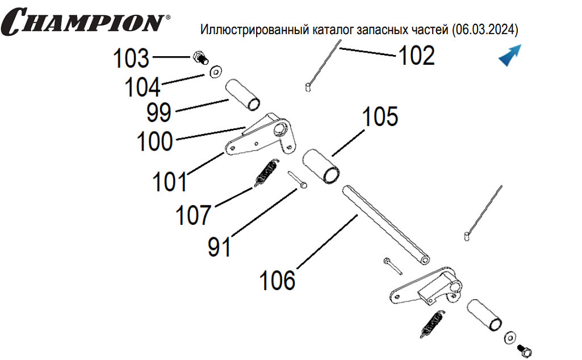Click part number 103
coord(131,58)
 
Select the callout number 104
coord(143,87)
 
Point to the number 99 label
coord(158,112)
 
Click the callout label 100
coord(154,141)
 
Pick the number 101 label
coord(169,182)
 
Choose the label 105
coord(380,117)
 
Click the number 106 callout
coord(278,280)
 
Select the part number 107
coord(193,215)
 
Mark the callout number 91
coord(219,246)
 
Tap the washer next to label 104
coord(216,72)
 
